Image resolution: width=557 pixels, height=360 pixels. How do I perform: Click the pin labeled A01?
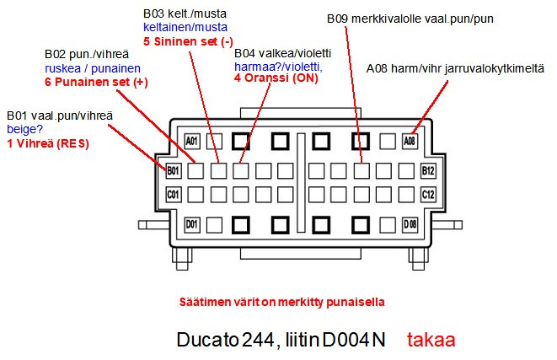191,141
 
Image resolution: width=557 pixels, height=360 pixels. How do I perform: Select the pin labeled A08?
410,141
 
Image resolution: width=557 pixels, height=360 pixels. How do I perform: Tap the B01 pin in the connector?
173,171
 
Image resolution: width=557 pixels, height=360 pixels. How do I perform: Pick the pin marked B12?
428,171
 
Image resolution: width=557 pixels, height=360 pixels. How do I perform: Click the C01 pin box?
173,195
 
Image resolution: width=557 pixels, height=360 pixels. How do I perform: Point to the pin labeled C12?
428,195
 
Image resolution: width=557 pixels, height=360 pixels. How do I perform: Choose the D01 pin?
191,224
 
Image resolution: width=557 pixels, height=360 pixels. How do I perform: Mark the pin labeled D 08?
410,224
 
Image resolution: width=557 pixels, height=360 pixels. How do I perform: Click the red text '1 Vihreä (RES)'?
47,143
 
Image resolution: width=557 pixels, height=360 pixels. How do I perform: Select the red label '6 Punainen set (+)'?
94,82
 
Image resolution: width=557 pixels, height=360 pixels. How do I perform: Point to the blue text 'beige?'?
25,130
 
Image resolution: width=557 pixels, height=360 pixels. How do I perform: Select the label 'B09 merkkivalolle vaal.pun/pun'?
398,18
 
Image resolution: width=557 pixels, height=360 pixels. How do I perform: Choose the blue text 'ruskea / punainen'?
92,68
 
